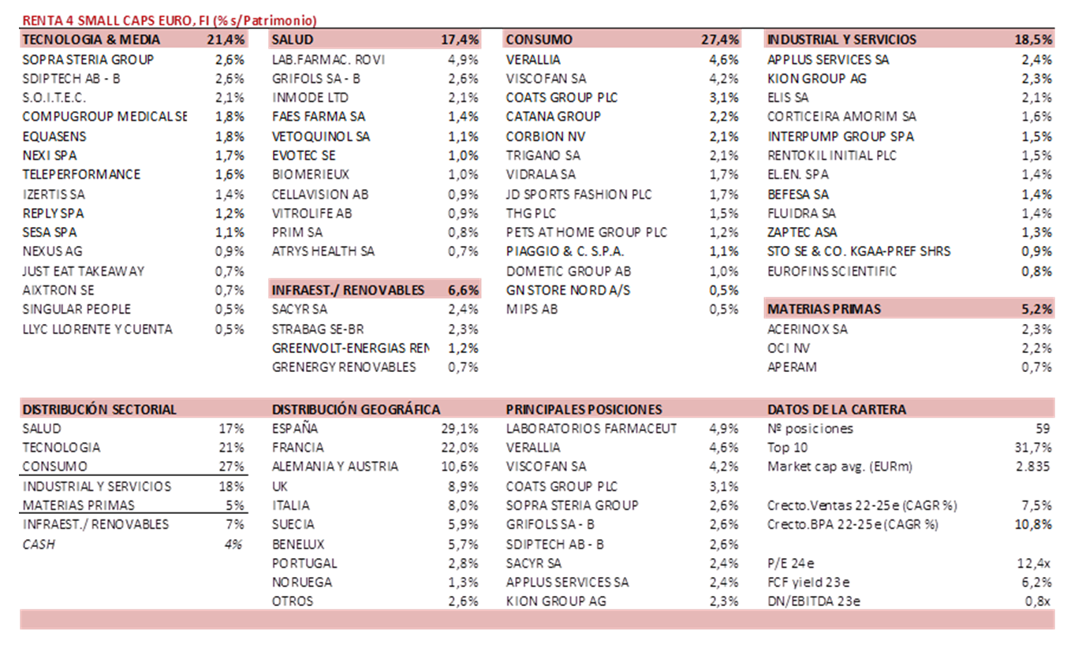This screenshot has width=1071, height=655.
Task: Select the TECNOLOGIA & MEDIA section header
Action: click(91, 39)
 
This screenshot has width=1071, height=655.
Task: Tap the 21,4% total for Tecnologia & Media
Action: click(226, 39)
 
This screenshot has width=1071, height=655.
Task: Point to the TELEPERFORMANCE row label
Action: click(81, 174)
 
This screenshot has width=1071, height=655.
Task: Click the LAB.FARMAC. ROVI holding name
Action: click(328, 60)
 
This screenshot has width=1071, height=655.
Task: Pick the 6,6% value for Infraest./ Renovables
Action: click(463, 290)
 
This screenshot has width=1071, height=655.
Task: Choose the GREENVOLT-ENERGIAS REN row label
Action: click(350, 348)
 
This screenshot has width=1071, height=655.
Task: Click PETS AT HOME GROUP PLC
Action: click(586, 233)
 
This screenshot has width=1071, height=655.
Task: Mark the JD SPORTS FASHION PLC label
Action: click(579, 195)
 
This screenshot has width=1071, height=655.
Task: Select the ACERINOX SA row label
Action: click(807, 329)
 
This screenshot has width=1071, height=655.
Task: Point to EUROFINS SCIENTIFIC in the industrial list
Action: click(832, 271)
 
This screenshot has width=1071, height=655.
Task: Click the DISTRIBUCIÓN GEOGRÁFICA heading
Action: click(356, 409)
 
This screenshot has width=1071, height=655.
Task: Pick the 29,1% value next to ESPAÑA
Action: click(460, 429)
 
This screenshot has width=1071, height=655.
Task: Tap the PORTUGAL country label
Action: click(304, 564)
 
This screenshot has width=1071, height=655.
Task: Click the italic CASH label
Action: click(39, 544)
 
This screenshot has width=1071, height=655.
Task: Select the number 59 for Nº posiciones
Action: click(1043, 429)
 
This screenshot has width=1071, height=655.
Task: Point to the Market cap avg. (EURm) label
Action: click(840, 467)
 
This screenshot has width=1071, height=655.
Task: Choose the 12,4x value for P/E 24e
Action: click(1033, 564)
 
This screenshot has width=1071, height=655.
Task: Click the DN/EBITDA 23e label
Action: click(813, 601)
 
